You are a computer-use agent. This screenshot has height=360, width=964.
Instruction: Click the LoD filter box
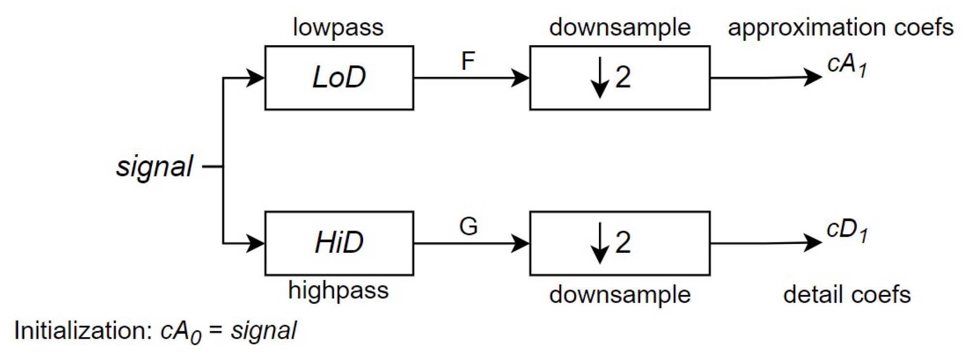pyautogui.click(x=339, y=78)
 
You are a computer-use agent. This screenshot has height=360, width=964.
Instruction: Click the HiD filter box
pyautogui.click(x=339, y=243)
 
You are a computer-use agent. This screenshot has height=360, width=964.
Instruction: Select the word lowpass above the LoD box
pyautogui.click(x=338, y=27)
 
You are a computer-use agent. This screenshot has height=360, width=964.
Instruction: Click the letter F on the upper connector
pyautogui.click(x=467, y=61)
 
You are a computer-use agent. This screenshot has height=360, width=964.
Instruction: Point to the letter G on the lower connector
pyautogui.click(x=468, y=227)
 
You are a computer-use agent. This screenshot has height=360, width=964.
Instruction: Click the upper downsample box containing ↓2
pyautogui.click(x=619, y=78)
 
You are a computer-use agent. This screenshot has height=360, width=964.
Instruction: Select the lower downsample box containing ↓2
pyautogui.click(x=619, y=243)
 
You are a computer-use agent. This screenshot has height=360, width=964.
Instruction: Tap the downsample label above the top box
pyautogui.click(x=619, y=27)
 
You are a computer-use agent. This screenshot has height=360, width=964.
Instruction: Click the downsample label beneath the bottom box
pyautogui.click(x=619, y=295)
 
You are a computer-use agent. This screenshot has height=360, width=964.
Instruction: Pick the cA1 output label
pyautogui.click(x=847, y=65)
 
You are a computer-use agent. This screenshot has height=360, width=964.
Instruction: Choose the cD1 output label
pyautogui.click(x=847, y=230)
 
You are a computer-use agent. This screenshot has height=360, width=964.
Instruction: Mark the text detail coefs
pyautogui.click(x=847, y=295)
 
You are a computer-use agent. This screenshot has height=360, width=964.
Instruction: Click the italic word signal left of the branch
pyautogui.click(x=154, y=167)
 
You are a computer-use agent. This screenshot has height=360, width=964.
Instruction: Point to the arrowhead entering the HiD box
pyautogui.click(x=255, y=243)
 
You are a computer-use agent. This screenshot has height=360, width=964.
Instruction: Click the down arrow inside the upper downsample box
pyautogui.click(x=600, y=78)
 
